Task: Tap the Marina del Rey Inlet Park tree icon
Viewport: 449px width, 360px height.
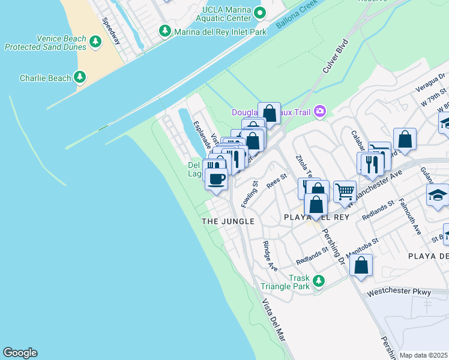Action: click(164, 30)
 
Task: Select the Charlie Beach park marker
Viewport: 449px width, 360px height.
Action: click(79, 77)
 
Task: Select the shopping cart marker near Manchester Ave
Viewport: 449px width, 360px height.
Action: click(345, 191)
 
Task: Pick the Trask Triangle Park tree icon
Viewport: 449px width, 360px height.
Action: click(318, 280)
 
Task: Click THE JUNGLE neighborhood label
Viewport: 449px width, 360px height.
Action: click(228, 221)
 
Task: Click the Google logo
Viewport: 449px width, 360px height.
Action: click(20, 353)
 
